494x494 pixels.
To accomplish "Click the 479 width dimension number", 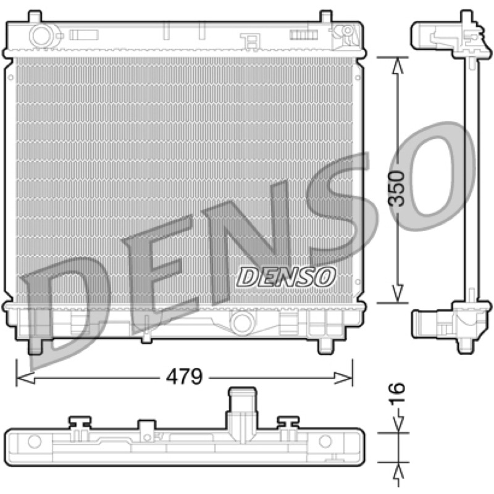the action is tap(184, 377).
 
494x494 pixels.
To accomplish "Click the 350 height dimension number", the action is tap(396, 189).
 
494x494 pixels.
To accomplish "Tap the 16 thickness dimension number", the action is tap(396, 393).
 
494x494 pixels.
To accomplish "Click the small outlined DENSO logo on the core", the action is tap(286, 277).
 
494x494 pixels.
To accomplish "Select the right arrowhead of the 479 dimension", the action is tap(343, 377).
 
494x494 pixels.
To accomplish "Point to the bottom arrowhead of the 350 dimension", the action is tap(398, 295).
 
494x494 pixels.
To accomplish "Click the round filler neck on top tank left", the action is tap(41, 36).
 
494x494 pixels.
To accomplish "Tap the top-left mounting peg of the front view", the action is tap(35, 17).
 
